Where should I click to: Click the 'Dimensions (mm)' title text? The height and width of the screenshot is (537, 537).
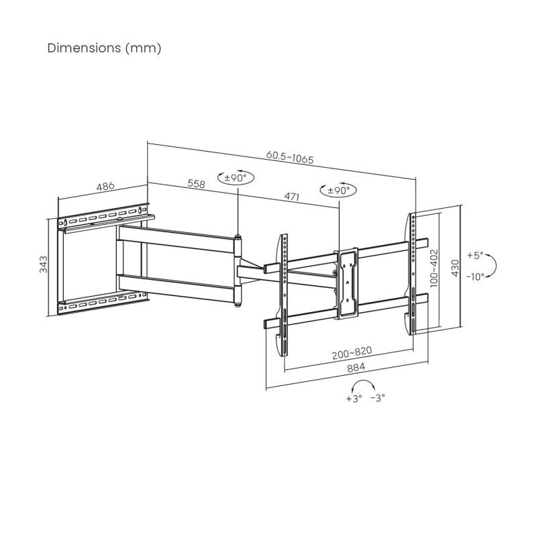pyautogui.click(x=104, y=48)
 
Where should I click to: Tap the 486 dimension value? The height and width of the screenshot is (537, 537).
pyautogui.click(x=105, y=186)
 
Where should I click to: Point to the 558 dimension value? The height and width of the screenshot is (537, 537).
pyautogui.click(x=196, y=183)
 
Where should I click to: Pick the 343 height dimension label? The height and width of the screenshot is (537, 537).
pyautogui.click(x=44, y=267)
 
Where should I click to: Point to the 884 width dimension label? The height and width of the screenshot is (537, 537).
pyautogui.click(x=348, y=369)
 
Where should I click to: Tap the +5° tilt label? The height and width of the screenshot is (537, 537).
pyautogui.click(x=475, y=256)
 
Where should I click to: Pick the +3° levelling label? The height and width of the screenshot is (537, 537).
pyautogui.click(x=354, y=398)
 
